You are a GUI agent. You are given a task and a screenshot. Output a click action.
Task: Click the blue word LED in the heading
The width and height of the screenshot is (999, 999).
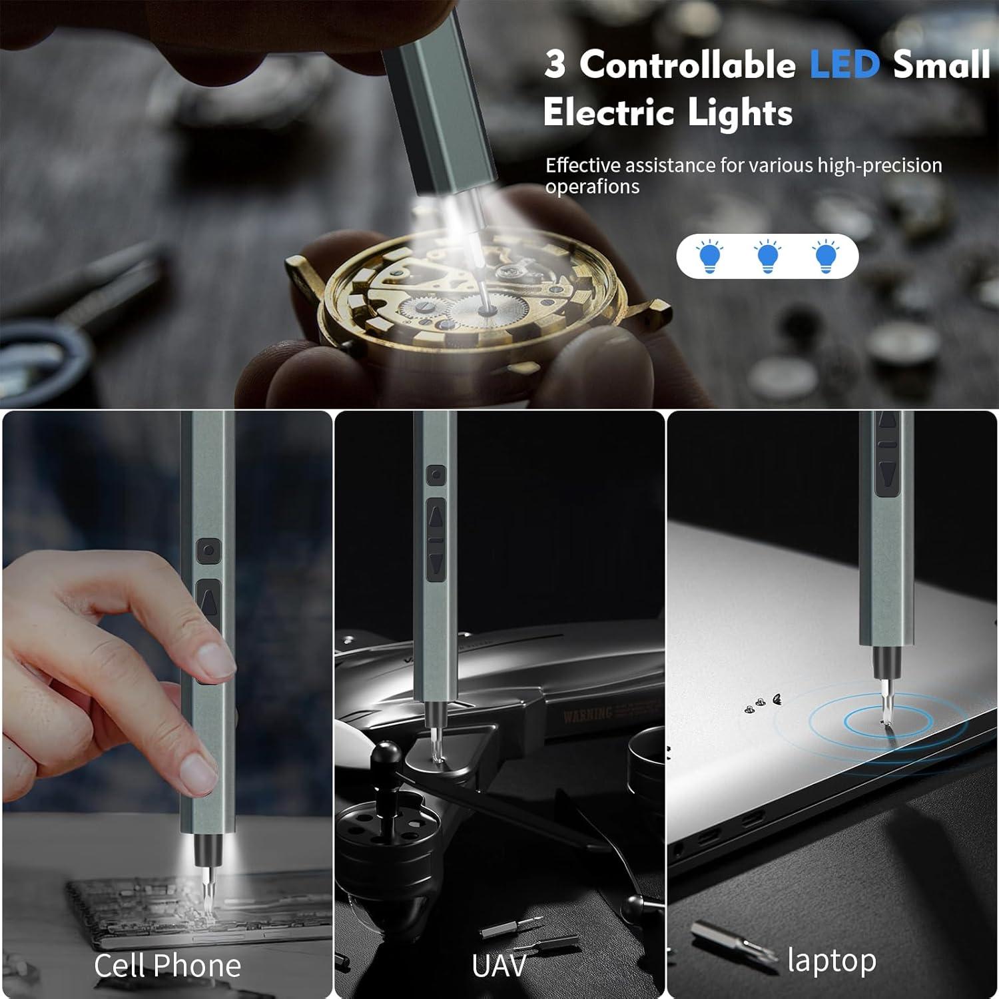[844, 65]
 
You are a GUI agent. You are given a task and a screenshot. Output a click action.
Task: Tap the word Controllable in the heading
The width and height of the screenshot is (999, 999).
[687, 65]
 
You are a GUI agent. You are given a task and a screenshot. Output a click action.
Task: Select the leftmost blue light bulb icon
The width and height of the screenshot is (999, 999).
[710, 256]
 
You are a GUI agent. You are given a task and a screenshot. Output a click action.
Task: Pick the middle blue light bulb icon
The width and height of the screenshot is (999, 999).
[768, 256]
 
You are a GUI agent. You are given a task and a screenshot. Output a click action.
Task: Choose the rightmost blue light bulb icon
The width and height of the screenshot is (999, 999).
[826, 256]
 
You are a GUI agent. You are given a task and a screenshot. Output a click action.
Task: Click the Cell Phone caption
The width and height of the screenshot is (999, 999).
[167, 966]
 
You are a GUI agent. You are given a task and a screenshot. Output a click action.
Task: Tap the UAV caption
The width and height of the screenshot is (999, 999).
[499, 966]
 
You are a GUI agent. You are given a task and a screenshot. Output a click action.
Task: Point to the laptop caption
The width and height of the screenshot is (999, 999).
[831, 960]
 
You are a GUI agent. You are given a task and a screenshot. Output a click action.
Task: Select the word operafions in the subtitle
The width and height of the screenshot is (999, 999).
[592, 187]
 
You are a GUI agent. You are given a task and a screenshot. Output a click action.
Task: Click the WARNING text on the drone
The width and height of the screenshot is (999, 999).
[587, 715]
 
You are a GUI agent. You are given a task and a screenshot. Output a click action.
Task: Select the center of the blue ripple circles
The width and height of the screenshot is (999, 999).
[888, 722]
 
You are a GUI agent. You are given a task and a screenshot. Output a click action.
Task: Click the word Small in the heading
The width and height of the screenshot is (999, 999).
[940, 65]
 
